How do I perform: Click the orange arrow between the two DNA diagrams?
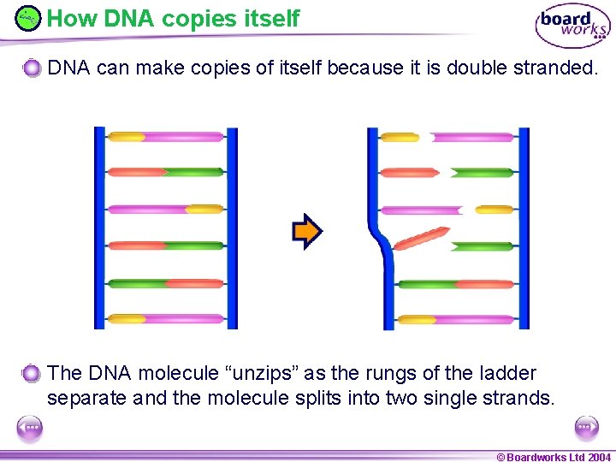(307, 232)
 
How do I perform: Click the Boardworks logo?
(572, 27)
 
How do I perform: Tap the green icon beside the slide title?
(28, 17)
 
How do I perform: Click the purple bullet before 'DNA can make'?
(32, 68)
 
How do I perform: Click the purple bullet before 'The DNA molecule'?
(32, 373)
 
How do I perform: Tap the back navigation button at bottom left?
(29, 427)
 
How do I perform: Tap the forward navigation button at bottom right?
(586, 427)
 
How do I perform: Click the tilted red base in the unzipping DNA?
(422, 239)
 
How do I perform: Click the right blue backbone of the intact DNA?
(231, 228)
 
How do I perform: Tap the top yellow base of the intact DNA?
(127, 136)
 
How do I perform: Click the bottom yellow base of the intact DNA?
(127, 319)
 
